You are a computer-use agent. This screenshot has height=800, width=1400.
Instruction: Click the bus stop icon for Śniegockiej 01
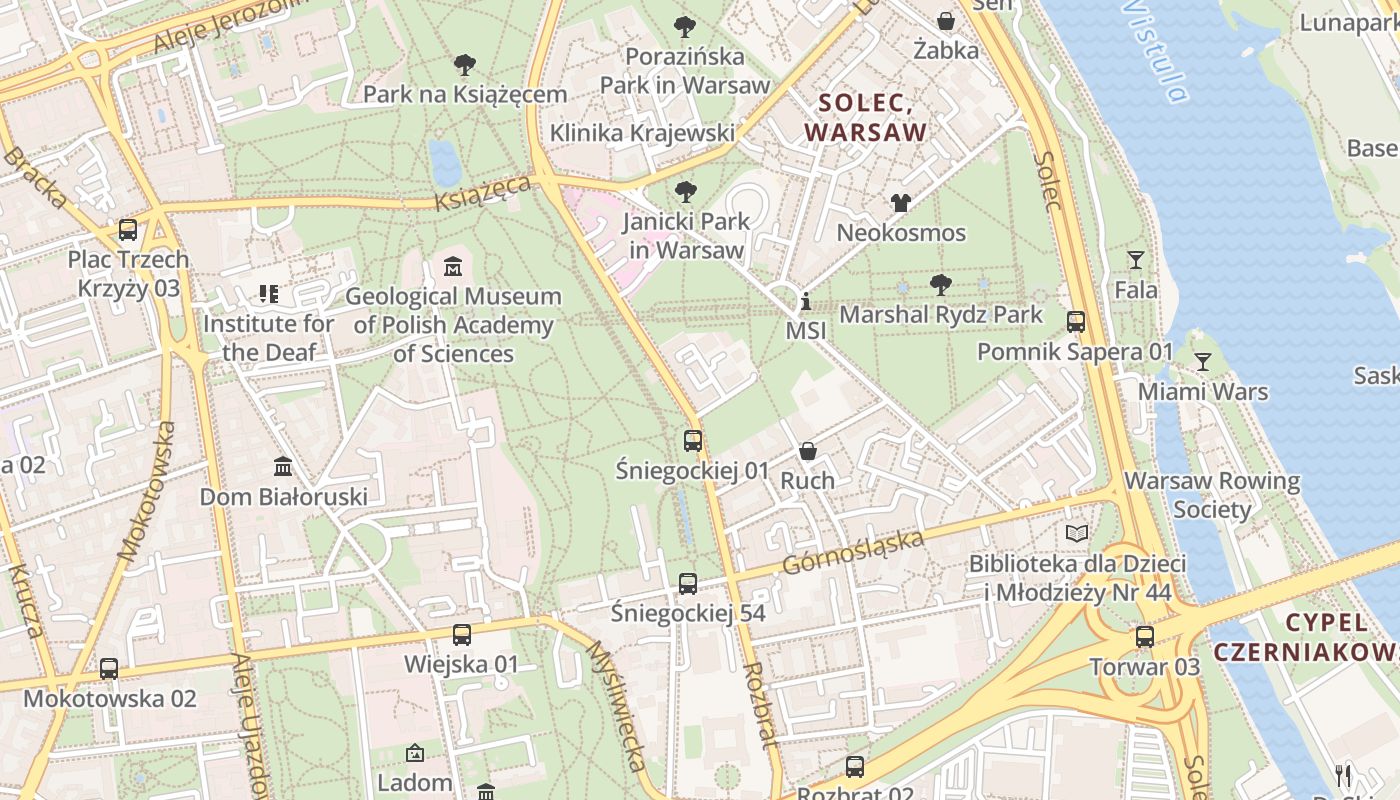[x=692, y=440]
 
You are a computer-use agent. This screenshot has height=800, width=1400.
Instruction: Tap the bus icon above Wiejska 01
[x=461, y=634]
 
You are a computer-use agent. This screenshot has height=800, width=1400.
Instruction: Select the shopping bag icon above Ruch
[x=807, y=451]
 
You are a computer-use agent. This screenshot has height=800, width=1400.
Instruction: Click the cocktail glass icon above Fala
[x=1136, y=260]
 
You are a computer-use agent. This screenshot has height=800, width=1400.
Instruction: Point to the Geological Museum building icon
[x=453, y=267]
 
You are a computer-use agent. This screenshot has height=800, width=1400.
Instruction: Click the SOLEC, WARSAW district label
[x=866, y=117]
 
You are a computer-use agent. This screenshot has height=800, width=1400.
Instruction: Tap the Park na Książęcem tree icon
[x=464, y=65]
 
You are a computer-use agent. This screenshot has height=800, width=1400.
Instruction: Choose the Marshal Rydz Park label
[x=941, y=314]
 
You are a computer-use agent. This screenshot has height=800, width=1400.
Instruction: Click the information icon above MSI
[x=806, y=301]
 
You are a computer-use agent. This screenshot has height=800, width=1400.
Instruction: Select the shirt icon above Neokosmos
[x=901, y=203]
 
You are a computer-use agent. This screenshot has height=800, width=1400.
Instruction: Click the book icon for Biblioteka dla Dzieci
[x=1077, y=533]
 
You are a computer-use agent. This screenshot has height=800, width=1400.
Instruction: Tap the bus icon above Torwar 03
[x=1144, y=636]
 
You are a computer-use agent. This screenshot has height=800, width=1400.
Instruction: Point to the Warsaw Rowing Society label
[x=1212, y=495]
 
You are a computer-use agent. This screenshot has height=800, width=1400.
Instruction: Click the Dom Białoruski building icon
[x=283, y=467]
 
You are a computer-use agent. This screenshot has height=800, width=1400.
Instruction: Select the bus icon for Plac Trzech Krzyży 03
[x=128, y=229]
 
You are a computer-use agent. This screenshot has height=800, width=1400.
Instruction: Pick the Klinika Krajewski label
[x=642, y=132]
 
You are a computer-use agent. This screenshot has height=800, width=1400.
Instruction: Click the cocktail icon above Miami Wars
[x=1202, y=361]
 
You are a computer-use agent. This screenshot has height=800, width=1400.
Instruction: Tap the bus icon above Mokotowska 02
[x=109, y=668]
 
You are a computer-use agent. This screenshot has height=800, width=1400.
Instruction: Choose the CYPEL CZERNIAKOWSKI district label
[x=1306, y=637]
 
